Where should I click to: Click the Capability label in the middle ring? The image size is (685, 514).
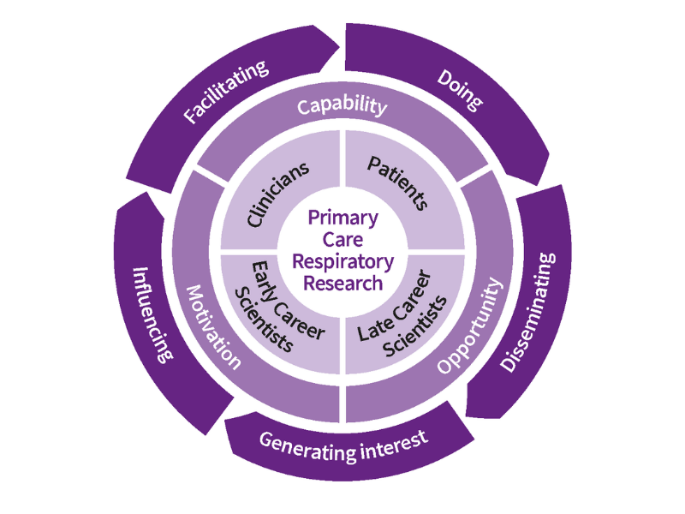coord(342,106)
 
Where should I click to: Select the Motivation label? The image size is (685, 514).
coord(211,326)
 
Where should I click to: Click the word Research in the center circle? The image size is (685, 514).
coord(342,282)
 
